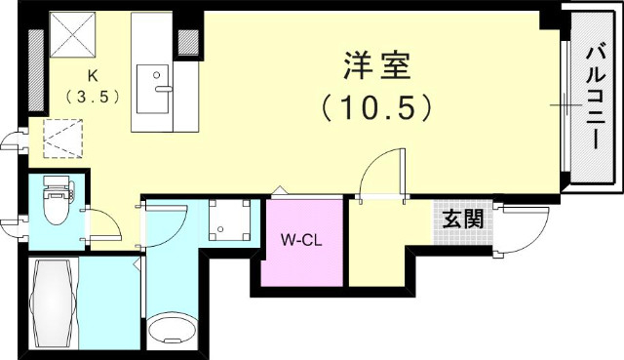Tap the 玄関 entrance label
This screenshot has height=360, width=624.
coord(463,219)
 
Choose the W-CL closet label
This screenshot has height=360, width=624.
coord(301,239)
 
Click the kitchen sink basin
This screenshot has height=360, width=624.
coord(154,89)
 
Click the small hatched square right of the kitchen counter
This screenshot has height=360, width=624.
coord(189,40)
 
